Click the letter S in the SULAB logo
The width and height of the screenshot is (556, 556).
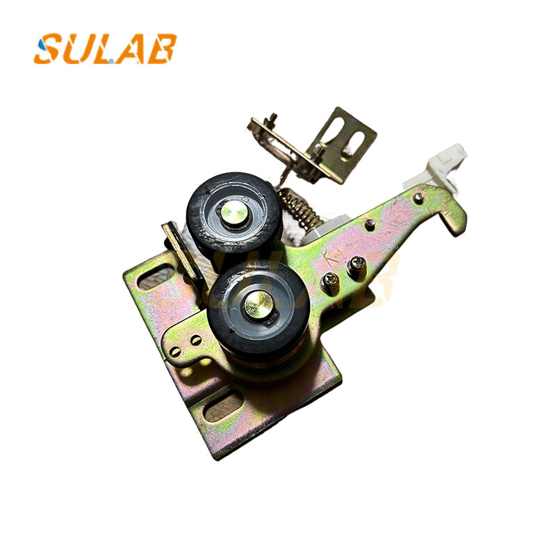[48, 49]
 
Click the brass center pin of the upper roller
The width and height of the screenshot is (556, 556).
[235, 213]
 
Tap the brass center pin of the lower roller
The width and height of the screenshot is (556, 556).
[260, 304]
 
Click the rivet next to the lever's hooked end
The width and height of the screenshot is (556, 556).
[418, 199]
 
